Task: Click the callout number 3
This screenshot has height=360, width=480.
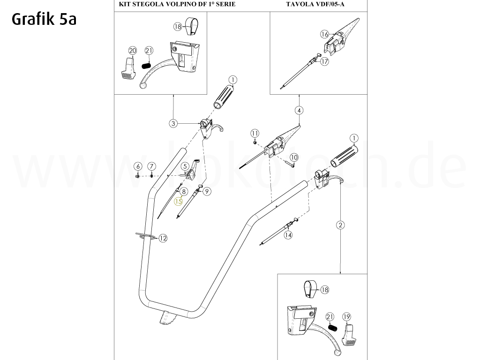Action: (173, 123)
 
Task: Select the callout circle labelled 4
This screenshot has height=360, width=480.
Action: (299, 111)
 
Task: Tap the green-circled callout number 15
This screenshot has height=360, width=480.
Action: (179, 202)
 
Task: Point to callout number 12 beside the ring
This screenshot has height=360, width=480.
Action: (163, 239)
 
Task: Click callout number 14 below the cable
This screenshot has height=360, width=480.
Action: (288, 235)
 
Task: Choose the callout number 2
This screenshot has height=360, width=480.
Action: (340, 225)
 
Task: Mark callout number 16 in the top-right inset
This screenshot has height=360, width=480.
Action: (325, 34)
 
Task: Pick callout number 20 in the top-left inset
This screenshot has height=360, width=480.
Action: (132, 51)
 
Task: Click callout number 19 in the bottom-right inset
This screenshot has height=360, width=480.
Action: (346, 316)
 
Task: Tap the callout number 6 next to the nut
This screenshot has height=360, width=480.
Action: (137, 166)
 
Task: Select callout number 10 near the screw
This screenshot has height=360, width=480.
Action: (294, 157)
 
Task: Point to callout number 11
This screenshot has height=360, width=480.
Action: (255, 133)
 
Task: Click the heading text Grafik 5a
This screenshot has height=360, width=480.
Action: (43, 19)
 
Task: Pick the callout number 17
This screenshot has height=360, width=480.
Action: (324, 61)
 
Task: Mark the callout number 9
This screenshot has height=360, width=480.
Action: (207, 191)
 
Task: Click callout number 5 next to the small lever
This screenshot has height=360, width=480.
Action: (185, 166)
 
